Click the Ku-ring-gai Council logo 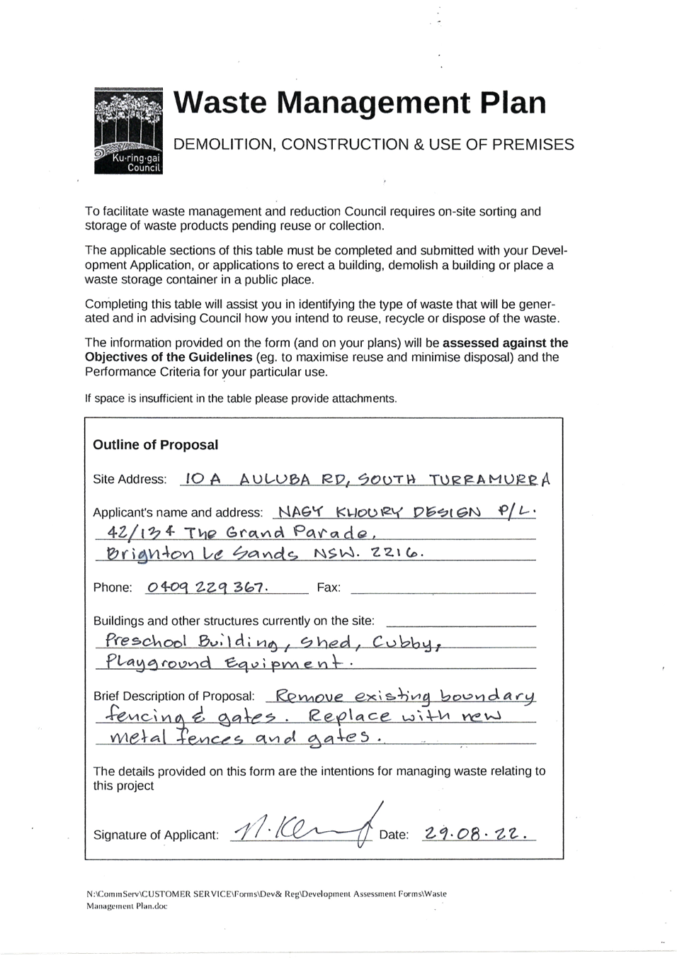(x=128, y=130)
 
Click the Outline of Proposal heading (x=156, y=445)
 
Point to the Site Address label (x=130, y=480)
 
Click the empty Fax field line (x=443, y=593)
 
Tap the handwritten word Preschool (x=146, y=641)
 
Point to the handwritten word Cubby (x=404, y=643)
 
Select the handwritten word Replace (x=350, y=716)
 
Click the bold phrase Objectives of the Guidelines (x=169, y=357)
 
